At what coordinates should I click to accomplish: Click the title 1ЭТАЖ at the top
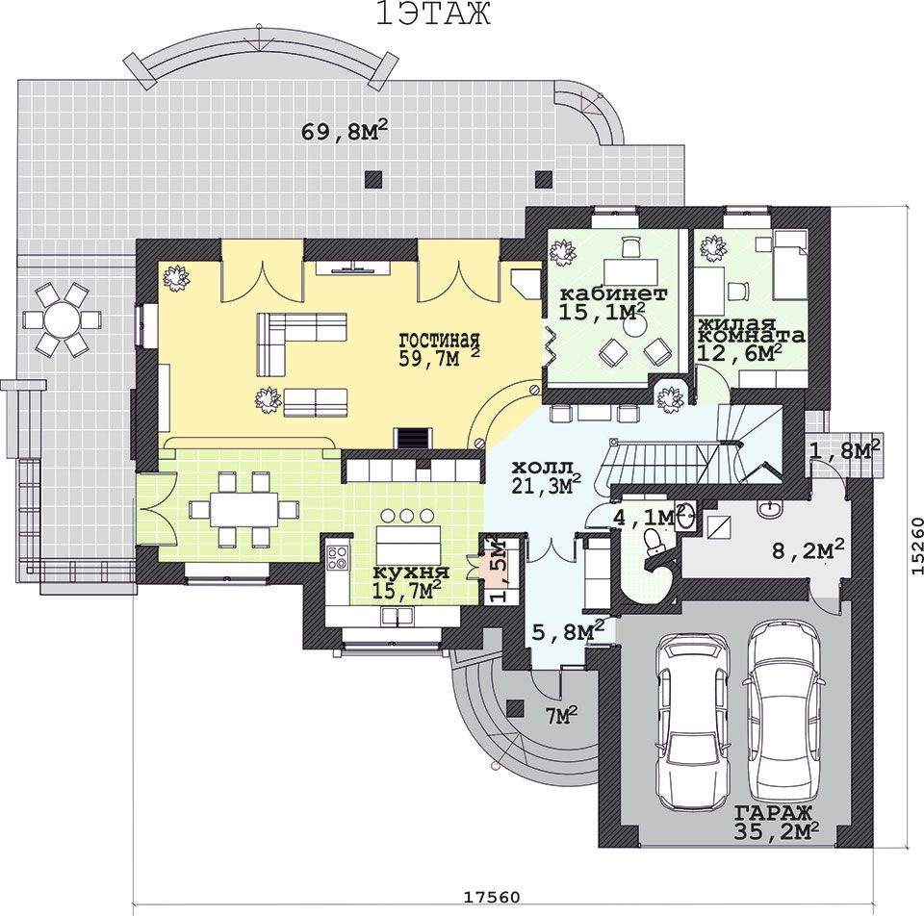point(433,14)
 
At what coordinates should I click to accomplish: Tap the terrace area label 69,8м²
point(345,130)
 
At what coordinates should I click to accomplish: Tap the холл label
point(542,469)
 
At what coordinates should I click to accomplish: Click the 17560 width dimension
point(492,897)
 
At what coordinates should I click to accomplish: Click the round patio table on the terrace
point(62,319)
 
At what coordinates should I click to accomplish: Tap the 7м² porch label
point(560,715)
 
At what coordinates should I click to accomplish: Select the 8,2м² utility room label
point(808,549)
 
